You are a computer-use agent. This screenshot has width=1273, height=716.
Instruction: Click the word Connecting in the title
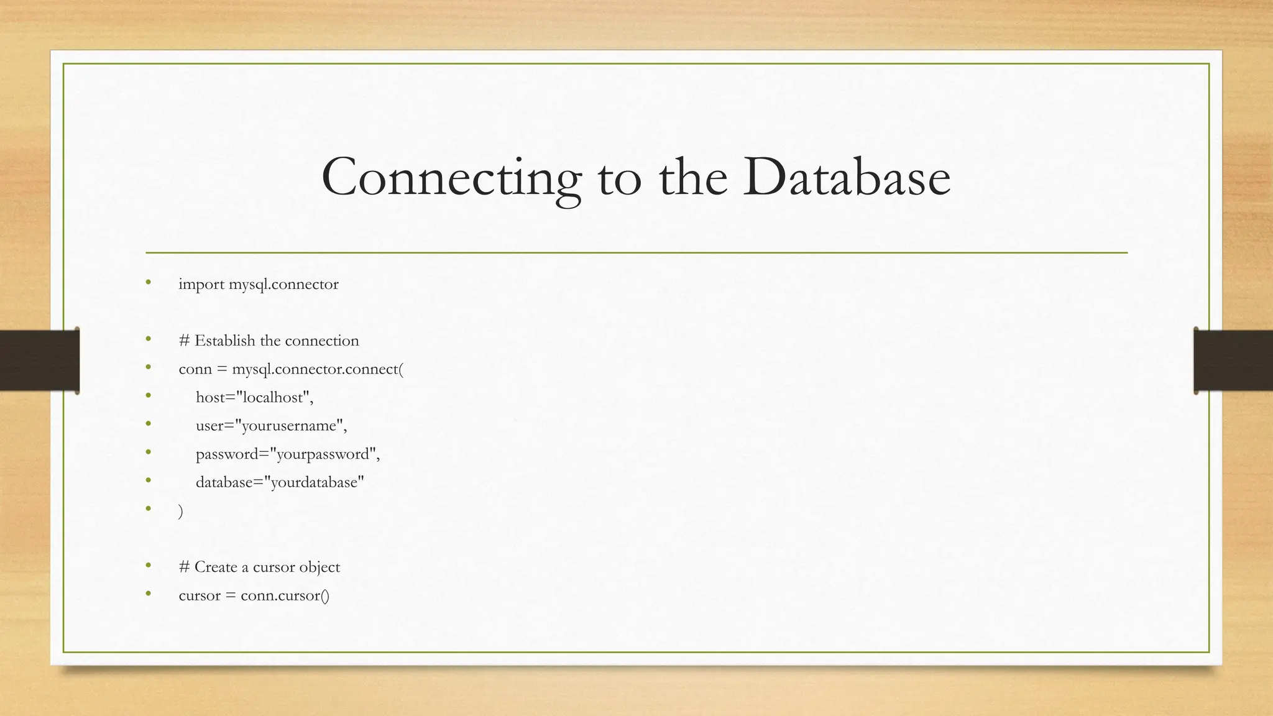pyautogui.click(x=451, y=178)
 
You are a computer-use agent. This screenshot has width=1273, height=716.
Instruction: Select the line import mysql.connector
pyautogui.click(x=258, y=285)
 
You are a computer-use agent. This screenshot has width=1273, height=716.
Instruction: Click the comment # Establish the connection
pyautogui.click(x=269, y=341)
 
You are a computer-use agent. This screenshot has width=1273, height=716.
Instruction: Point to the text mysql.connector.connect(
pyautogui.click(x=318, y=369)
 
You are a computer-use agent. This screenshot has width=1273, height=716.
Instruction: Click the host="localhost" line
pyautogui.click(x=254, y=397)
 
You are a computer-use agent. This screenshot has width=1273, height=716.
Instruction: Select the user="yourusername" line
pyautogui.click(x=271, y=426)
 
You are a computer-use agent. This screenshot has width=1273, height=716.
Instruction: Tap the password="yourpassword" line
pyautogui.click(x=287, y=454)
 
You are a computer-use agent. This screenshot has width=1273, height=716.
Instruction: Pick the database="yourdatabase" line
pyautogui.click(x=280, y=482)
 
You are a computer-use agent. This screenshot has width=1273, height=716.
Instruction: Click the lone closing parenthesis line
pyautogui.click(x=181, y=511)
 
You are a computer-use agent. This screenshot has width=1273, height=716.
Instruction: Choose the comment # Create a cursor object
pyautogui.click(x=259, y=567)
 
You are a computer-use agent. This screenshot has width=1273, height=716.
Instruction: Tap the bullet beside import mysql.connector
pyautogui.click(x=148, y=283)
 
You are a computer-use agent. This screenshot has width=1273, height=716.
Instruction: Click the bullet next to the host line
pyautogui.click(x=148, y=395)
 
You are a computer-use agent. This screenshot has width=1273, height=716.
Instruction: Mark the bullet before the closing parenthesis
pyautogui.click(x=148, y=508)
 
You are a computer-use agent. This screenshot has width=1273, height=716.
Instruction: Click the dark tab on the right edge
pyautogui.click(x=1233, y=360)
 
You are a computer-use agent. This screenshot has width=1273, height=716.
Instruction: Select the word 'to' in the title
pyautogui.click(x=619, y=178)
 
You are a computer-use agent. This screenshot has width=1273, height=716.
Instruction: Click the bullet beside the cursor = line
pyautogui.click(x=148, y=594)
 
